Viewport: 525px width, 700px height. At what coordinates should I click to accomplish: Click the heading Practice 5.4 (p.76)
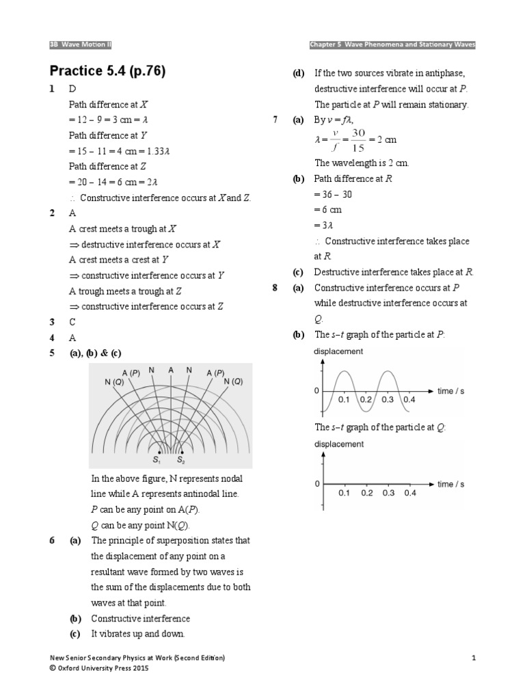pyautogui.click(x=108, y=71)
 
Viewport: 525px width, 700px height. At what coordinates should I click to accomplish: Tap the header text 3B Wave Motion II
pyautogui.click(x=81, y=44)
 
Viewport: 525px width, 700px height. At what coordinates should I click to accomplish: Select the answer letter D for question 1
pyautogui.click(x=72, y=90)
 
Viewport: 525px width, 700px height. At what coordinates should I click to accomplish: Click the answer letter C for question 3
pyautogui.click(x=72, y=321)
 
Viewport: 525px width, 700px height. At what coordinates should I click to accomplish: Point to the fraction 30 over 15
pyautogui.click(x=358, y=139)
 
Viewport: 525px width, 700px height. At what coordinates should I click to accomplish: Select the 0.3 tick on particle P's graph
pyautogui.click(x=388, y=399)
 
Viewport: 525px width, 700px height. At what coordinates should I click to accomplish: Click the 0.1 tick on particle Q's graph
pyautogui.click(x=344, y=492)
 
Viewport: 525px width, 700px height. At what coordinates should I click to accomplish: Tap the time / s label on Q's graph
pyautogui.click(x=450, y=484)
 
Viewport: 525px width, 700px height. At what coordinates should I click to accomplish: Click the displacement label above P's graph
pyautogui.click(x=338, y=351)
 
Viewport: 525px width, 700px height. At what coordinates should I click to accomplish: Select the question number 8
pyautogui.click(x=275, y=288)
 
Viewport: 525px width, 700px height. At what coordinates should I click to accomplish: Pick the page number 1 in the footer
pyautogui.click(x=472, y=658)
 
